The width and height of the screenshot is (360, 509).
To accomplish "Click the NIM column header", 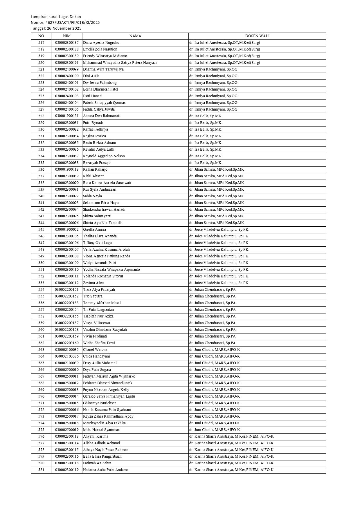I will tap(66, 36).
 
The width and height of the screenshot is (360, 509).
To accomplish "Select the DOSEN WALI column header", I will tap(257, 36).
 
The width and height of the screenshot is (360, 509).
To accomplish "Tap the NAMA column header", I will tap(135, 36).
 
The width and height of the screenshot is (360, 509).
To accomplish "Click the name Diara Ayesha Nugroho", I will tap(101, 43).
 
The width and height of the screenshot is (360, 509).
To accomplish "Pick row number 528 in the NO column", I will tap(41, 116).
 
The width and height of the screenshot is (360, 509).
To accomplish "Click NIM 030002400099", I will tap(67, 69).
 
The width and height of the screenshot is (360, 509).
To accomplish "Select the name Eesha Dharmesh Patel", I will tap(100, 89).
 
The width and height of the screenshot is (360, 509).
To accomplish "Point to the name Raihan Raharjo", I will tap(95, 169).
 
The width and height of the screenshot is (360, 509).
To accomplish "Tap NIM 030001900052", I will tap(67, 230).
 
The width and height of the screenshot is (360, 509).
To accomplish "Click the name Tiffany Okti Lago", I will tap(97, 243).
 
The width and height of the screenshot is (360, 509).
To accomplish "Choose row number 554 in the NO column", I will tap(41, 290).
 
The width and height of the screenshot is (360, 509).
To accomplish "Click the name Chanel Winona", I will tap(95, 350).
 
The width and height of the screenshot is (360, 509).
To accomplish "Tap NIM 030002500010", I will tap(67, 370).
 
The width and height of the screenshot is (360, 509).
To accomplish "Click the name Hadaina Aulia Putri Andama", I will tap(106, 470).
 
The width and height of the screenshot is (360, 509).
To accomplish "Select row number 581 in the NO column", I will tap(41, 470).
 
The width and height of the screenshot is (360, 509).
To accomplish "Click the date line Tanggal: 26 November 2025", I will tap(56, 28).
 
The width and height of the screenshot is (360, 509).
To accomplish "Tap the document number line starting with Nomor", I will tap(65, 23).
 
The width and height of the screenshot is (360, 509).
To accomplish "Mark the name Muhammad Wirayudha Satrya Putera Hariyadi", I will tap(120, 63).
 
